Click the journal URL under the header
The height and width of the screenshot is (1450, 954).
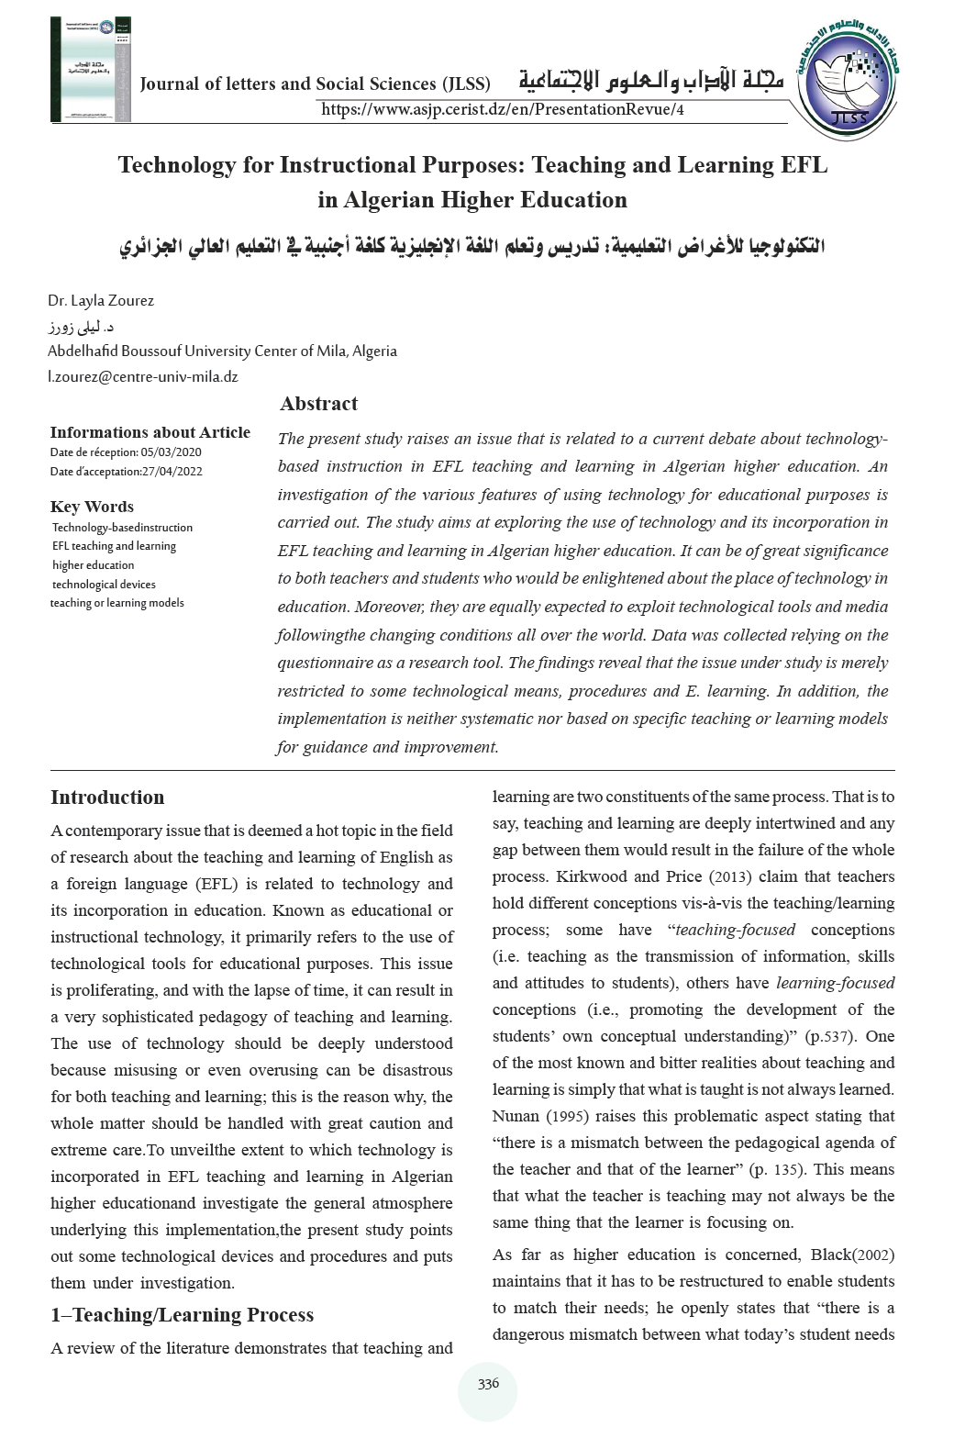pos(503,110)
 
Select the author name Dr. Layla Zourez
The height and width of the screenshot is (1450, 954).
pos(101,301)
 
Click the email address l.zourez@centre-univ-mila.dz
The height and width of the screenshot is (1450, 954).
pos(142,376)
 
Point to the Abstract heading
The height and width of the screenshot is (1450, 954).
pos(318,404)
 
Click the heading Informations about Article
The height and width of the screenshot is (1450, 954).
pos(150,432)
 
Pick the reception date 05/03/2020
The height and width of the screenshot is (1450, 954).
pos(172,452)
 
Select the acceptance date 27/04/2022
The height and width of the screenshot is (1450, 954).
pos(172,472)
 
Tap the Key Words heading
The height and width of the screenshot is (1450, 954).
pos(92,507)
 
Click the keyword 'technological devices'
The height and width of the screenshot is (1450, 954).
pos(104,585)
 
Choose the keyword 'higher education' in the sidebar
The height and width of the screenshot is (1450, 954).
pos(94,565)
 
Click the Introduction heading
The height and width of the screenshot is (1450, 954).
pos(107,797)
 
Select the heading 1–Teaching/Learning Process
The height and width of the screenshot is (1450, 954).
pos(182,1315)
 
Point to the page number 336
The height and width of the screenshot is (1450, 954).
pos(488,1384)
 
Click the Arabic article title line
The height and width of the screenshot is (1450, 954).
pos(472,248)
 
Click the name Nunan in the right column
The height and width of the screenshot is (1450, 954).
pos(516,1116)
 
